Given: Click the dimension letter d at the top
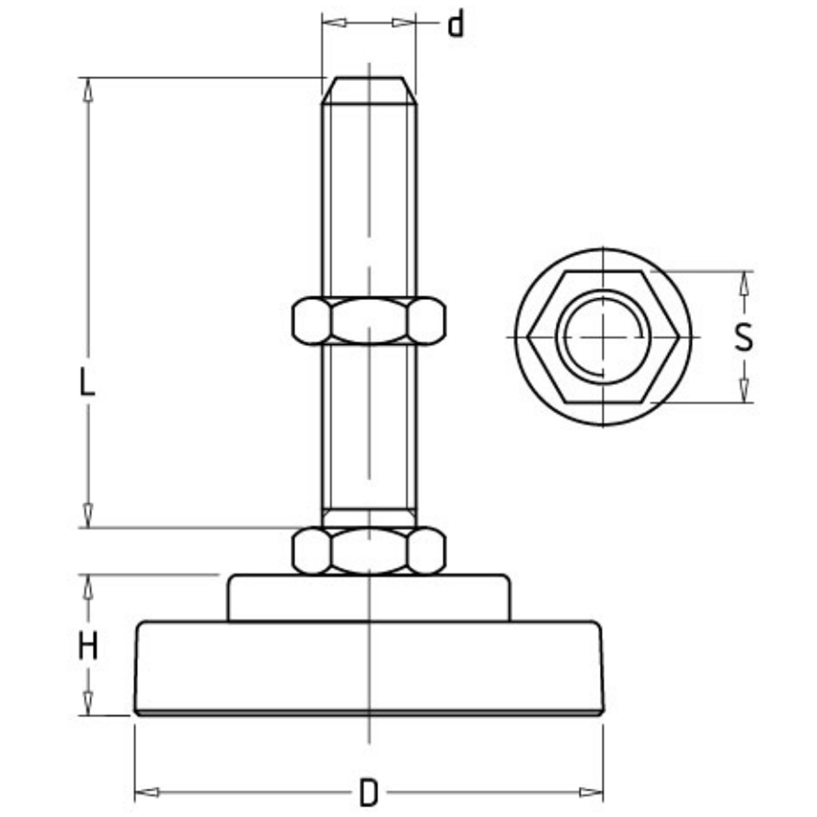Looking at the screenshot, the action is (x=456, y=25).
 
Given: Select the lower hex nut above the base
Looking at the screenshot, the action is (x=369, y=551).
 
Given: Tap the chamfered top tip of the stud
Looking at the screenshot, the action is (x=369, y=90).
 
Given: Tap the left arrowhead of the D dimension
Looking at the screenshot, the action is (x=147, y=792).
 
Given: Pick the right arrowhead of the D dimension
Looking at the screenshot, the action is (x=590, y=792).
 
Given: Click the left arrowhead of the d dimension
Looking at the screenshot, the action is (x=334, y=23).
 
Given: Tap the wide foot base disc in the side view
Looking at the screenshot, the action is (x=369, y=668).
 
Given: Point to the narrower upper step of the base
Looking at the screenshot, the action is (x=369, y=597).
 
